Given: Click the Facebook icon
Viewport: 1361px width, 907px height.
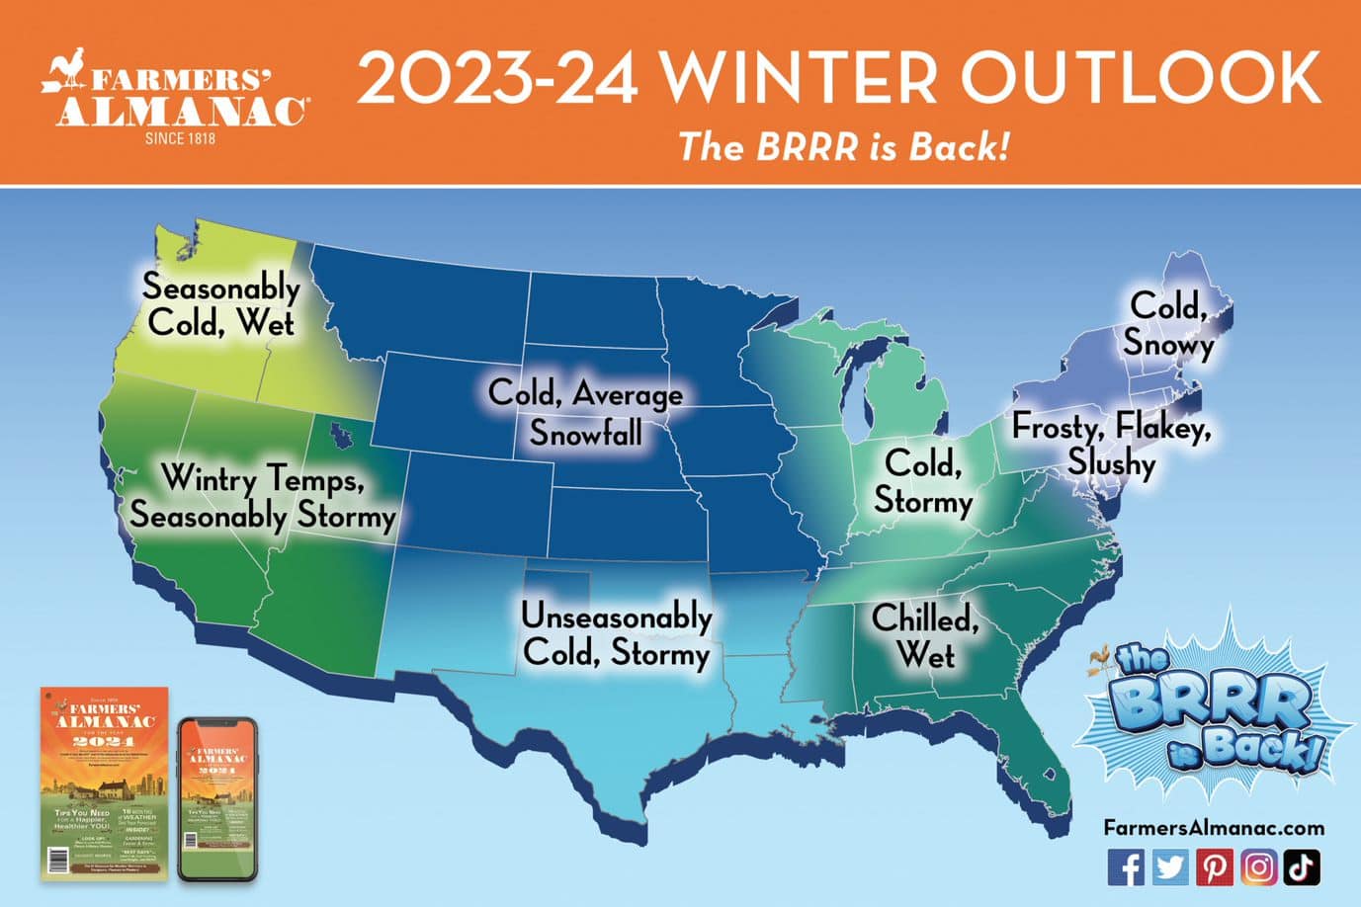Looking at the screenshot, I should (1126, 866).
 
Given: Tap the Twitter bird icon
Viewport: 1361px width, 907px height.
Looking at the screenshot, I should (1170, 866).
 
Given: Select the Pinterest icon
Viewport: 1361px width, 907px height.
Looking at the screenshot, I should (1215, 866).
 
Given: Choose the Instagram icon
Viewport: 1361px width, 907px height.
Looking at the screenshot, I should (1258, 866).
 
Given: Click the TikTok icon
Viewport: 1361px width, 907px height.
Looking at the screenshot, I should (1302, 866).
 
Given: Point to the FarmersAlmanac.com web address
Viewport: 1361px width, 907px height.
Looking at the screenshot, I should (1213, 828).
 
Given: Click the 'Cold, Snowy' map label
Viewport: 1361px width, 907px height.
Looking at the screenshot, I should (1168, 324).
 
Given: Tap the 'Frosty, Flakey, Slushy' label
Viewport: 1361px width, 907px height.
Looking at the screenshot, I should (1111, 445).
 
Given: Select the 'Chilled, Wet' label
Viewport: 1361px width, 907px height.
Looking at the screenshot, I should (925, 636).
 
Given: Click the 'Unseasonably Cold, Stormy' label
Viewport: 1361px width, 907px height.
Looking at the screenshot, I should (617, 634).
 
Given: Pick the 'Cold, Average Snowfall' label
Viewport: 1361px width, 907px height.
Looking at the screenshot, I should (585, 413).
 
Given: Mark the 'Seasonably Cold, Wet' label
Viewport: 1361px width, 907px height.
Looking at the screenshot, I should (220, 304).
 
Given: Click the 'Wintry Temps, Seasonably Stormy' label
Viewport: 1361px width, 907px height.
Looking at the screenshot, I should (263, 497).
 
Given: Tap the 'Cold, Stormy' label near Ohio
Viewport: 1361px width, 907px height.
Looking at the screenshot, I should (923, 482).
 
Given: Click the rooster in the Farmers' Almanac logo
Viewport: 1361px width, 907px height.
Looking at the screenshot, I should (67, 76).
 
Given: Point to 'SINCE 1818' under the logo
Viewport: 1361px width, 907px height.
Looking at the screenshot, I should (180, 138).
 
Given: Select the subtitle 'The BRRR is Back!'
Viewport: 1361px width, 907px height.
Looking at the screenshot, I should (844, 147).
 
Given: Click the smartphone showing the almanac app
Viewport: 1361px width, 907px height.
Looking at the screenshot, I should (216, 799).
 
